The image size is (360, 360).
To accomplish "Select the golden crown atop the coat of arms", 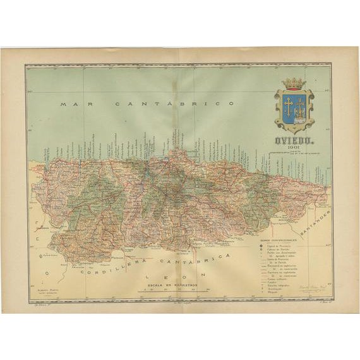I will click(293, 83).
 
